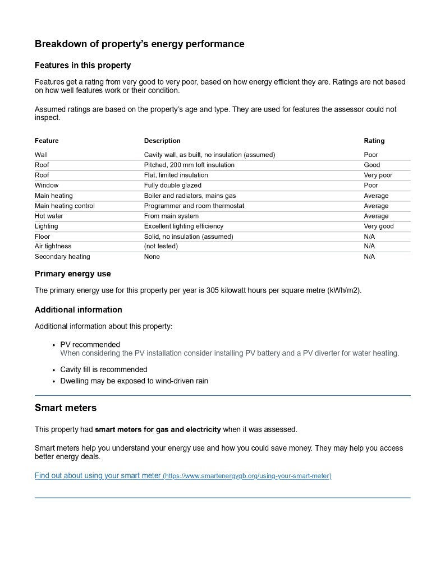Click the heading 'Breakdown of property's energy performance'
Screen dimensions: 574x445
(139, 44)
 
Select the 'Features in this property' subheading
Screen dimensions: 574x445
(82, 66)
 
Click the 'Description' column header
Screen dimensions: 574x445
(162, 141)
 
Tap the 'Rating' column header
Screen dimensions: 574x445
(374, 141)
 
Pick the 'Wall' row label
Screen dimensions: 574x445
(41, 155)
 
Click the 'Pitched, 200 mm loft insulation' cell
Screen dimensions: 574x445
(189, 165)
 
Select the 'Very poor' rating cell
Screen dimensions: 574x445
(378, 175)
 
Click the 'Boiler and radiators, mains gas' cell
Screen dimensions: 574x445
(190, 196)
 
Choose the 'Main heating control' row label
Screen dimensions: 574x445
(65, 206)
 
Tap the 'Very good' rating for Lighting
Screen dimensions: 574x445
(379, 226)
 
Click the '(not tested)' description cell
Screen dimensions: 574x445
(161, 246)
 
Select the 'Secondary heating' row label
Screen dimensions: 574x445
(62, 257)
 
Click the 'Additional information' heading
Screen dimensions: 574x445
(78, 310)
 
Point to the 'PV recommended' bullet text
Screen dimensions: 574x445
(90, 345)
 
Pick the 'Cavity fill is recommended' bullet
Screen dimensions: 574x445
(104, 369)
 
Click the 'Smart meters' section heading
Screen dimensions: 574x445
(66, 408)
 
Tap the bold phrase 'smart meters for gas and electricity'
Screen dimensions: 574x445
(158, 430)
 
